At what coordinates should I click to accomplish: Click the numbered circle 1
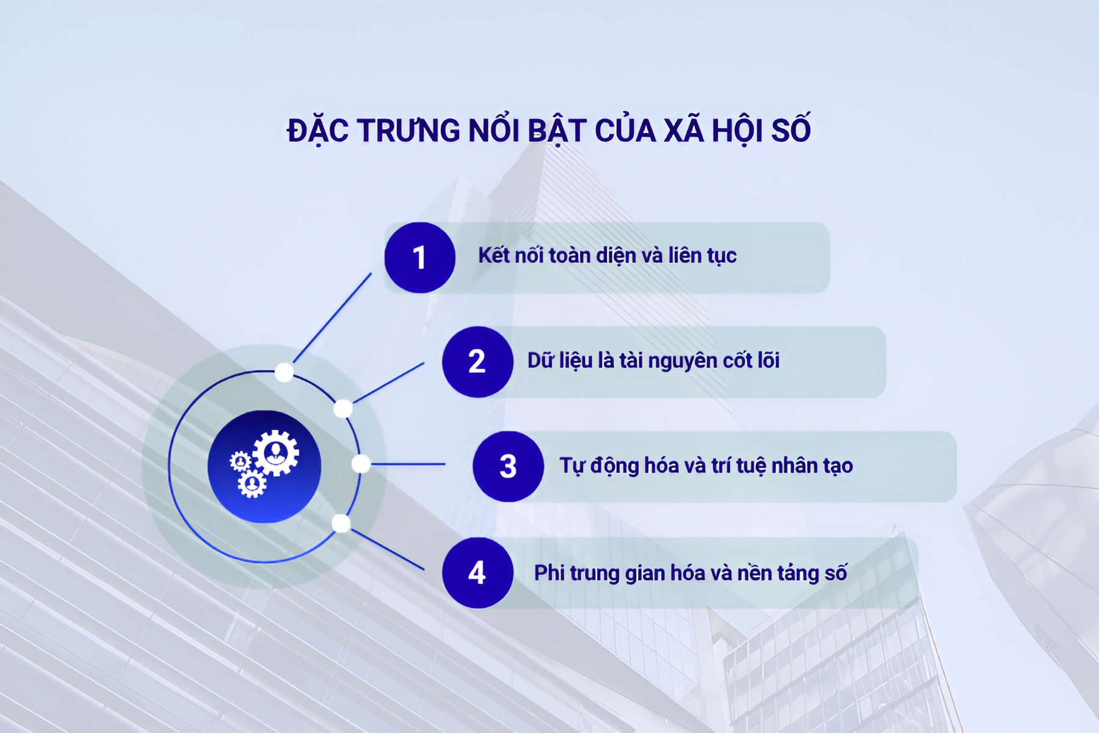tap(419, 257)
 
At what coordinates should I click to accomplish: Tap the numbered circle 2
tap(477, 362)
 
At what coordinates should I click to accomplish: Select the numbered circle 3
tap(508, 467)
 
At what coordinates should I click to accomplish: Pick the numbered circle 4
tap(477, 573)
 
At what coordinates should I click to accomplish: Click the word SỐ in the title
tap(791, 130)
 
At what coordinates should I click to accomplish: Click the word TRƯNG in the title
tap(408, 130)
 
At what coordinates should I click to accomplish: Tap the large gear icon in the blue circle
tap(277, 453)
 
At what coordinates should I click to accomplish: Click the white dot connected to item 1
tap(284, 372)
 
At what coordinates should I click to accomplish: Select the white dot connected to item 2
tap(343, 409)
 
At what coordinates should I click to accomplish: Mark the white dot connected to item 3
tap(361, 464)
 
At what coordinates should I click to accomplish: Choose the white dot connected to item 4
tap(341, 523)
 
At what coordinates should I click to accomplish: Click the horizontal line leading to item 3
tap(408, 464)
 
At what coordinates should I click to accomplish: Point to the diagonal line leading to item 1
tap(333, 318)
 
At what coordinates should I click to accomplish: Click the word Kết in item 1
tap(493, 255)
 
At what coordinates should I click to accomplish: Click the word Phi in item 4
tap(549, 573)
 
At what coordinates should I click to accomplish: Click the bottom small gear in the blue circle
tap(252, 484)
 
